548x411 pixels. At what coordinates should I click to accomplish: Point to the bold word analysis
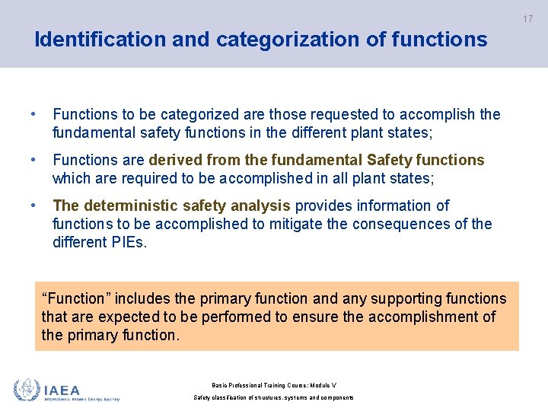point(263,205)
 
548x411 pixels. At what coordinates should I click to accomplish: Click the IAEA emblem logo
point(27,390)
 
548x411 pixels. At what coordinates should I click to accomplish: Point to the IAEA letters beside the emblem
point(62,390)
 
